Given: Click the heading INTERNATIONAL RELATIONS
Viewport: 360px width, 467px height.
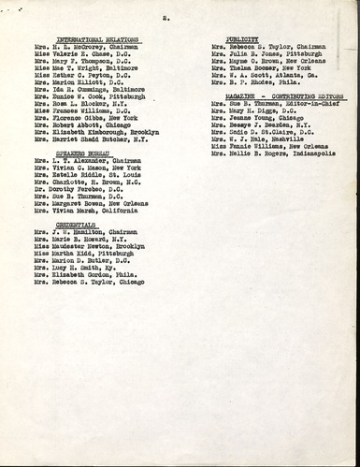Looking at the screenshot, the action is pyautogui.click(x=91, y=38).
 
